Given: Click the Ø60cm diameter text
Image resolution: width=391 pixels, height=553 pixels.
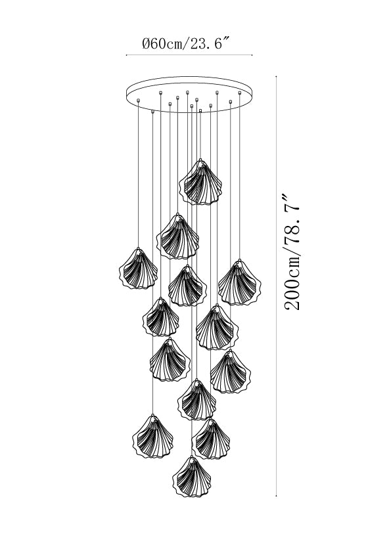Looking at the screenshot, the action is click(x=162, y=44).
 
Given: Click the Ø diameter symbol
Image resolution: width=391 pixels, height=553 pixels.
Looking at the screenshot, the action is click(x=146, y=44).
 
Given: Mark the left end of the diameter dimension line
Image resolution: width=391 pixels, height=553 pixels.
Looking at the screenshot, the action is click(x=126, y=55).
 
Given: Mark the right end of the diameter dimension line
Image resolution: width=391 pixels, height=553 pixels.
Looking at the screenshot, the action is click(x=252, y=55).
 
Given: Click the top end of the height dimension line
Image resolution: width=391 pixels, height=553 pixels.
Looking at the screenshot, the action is click(x=276, y=76).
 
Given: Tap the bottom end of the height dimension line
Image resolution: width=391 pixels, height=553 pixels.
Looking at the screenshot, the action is click(x=276, y=496).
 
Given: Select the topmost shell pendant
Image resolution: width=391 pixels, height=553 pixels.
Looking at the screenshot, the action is click(x=200, y=183).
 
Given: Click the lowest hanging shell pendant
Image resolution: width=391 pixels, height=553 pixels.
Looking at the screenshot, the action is click(x=193, y=477).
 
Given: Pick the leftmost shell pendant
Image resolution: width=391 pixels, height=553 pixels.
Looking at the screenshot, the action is click(x=139, y=269).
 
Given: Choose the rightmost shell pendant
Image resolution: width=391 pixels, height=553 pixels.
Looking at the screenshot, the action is click(x=239, y=282).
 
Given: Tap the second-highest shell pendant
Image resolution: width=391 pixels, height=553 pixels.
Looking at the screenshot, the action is click(x=177, y=236).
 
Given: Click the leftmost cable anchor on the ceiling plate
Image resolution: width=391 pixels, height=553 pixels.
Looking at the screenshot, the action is click(x=139, y=100).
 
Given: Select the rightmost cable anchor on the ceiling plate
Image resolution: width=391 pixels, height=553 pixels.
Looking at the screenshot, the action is click(x=240, y=93).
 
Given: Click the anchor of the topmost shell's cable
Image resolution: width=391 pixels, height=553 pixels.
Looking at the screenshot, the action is click(x=200, y=111).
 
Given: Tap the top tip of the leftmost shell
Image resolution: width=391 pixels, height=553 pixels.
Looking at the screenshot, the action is click(x=139, y=248).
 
